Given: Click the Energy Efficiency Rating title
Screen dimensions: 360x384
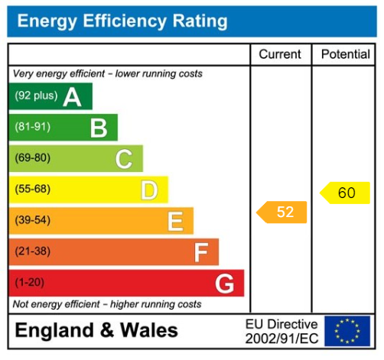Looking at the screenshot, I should [x=122, y=21].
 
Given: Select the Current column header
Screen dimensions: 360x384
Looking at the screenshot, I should [x=280, y=55].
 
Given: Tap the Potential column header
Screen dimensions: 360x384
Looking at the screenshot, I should [x=346, y=55].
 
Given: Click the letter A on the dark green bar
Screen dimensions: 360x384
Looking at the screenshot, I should [x=72, y=97].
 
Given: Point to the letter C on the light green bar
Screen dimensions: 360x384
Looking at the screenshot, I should [x=123, y=159].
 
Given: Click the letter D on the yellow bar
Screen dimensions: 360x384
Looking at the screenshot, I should [x=149, y=190].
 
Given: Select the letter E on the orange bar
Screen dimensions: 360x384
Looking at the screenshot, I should [x=175, y=221].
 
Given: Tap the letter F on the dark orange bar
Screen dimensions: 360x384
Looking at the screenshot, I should [x=200, y=252].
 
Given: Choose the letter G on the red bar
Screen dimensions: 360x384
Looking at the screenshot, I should [x=224, y=284].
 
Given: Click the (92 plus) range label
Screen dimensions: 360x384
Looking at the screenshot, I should [x=36, y=97].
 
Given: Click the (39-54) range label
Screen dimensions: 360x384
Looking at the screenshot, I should [x=32, y=221].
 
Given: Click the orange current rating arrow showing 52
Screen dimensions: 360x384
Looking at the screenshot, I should [x=281, y=212].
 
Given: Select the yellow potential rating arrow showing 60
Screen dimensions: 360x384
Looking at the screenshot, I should [x=344, y=193].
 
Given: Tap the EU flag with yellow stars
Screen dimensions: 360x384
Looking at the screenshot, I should [x=347, y=331].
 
